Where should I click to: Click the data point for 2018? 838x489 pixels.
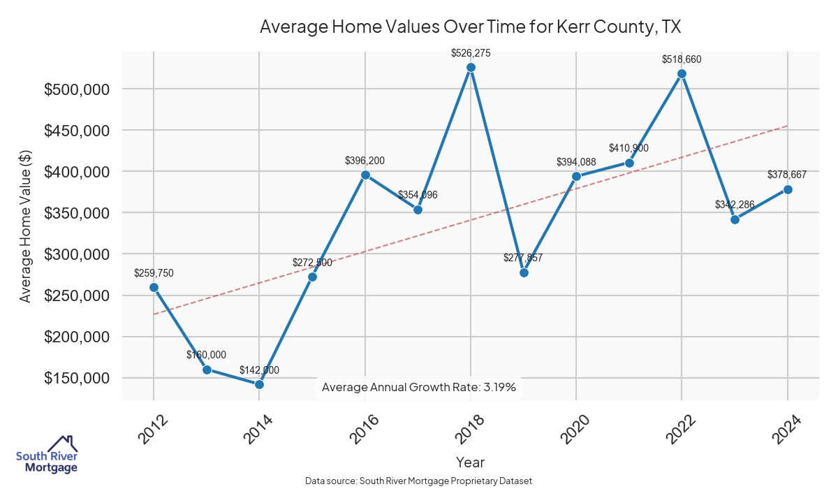click(x=471, y=67)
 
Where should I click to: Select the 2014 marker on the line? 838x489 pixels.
click(x=259, y=384)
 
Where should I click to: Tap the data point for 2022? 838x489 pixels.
click(x=682, y=73)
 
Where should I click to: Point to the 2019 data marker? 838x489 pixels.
click(x=524, y=272)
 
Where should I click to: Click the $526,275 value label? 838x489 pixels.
click(x=471, y=52)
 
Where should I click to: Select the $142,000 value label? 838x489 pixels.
click(x=259, y=370)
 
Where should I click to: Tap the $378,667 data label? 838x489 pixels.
click(x=787, y=175)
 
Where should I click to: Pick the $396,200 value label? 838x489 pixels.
click(x=365, y=161)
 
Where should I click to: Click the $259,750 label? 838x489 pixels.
click(x=154, y=272)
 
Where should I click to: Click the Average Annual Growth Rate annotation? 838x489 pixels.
click(x=419, y=388)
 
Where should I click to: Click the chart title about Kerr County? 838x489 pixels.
click(x=470, y=27)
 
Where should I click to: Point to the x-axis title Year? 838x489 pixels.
click(x=470, y=462)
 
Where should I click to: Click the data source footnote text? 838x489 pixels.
click(x=419, y=481)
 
